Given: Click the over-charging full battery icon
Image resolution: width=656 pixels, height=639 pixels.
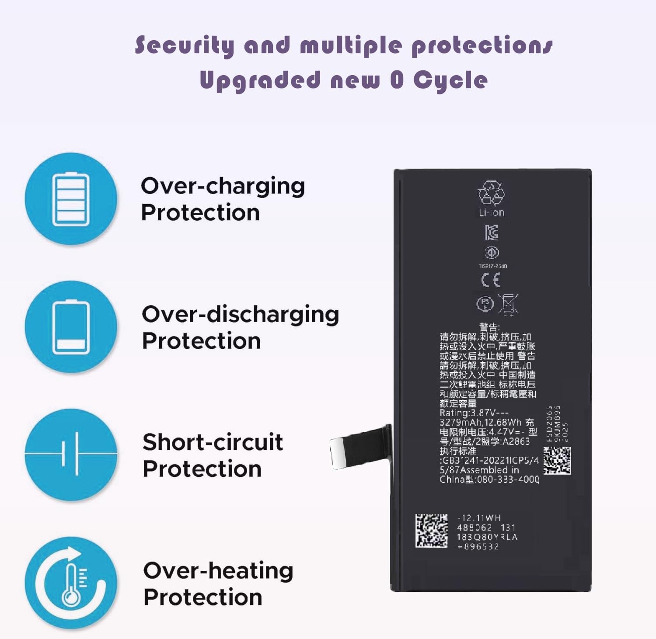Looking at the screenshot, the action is (x=71, y=199).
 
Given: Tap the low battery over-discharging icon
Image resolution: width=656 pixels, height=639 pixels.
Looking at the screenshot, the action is (x=71, y=327).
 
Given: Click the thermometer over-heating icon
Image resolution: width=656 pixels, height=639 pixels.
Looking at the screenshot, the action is (x=71, y=583).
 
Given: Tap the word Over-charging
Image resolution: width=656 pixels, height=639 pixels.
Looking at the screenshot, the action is (x=223, y=186).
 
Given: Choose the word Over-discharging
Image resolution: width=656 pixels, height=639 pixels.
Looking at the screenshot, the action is (x=240, y=315).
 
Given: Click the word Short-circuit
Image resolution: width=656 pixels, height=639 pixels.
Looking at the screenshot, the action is (x=213, y=442).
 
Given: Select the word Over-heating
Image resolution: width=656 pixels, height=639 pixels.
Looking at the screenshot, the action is (x=218, y=571).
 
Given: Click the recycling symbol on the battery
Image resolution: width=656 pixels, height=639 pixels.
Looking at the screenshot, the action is (x=491, y=193).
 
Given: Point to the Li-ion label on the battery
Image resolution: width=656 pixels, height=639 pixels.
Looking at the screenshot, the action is (x=492, y=213).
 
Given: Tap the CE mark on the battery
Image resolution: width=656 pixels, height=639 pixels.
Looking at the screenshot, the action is (x=491, y=280).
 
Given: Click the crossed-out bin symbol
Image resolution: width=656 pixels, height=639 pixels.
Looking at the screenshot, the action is (x=508, y=303).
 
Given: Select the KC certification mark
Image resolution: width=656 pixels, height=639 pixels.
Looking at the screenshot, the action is (x=492, y=233).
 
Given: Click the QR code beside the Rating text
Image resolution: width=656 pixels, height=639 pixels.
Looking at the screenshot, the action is (x=557, y=461).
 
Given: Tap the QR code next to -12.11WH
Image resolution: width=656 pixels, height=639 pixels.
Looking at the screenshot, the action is (x=431, y=531).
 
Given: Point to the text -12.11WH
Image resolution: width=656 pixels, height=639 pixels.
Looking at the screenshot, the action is (x=479, y=518).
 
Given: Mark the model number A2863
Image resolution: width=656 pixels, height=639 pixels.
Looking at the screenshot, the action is (x=516, y=441).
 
